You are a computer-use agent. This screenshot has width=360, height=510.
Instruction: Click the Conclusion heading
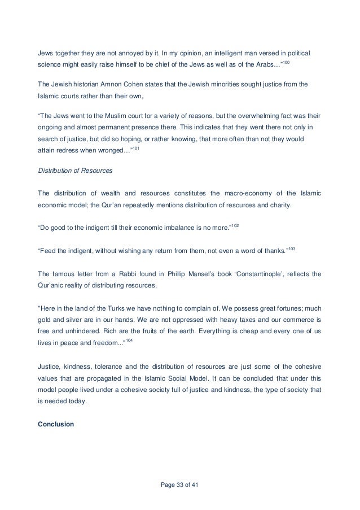click(55, 422)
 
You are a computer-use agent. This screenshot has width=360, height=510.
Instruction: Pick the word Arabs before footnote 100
click(266, 66)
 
